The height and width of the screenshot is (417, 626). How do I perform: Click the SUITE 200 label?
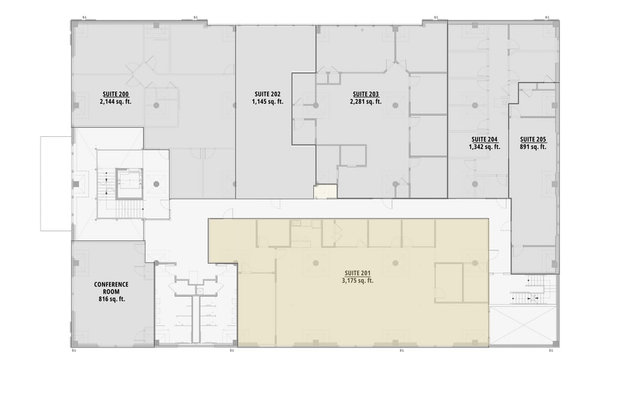click(114, 94)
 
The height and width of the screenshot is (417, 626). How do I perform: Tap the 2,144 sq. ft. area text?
click(114, 101)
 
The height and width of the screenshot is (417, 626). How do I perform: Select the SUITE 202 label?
click(267, 94)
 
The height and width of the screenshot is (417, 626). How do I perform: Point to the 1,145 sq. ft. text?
click(267, 101)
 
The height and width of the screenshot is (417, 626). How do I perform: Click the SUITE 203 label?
click(366, 94)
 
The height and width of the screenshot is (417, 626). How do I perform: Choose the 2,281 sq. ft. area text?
click(366, 101)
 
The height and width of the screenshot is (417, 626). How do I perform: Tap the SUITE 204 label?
click(484, 139)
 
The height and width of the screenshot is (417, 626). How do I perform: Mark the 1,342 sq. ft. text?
click(484, 147)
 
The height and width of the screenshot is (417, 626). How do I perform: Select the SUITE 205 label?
click(532, 139)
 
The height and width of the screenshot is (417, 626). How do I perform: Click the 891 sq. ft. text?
click(532, 147)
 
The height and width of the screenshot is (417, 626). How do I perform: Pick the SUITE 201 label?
click(358, 272)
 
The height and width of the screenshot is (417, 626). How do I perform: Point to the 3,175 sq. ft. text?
click(358, 280)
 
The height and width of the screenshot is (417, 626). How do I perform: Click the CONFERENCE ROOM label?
click(111, 287)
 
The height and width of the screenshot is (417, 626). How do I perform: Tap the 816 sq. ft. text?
click(111, 299)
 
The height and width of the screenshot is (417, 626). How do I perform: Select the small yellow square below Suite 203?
click(325, 191)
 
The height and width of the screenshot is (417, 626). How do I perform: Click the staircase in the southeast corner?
click(529, 291)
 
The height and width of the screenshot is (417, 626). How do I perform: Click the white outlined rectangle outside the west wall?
click(56, 183)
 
